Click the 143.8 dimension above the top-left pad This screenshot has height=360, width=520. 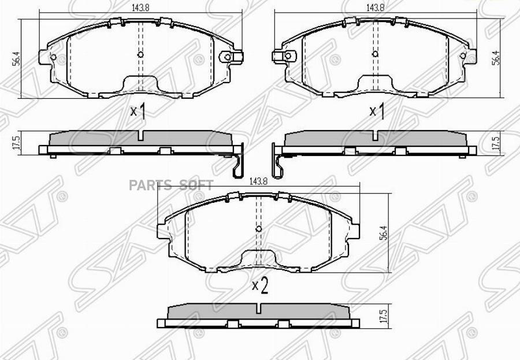[x=140, y=8]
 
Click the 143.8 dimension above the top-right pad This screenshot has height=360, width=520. [x=376, y=8]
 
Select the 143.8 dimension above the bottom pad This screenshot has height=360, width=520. [x=258, y=181]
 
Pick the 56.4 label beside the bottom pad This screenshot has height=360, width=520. [x=384, y=233]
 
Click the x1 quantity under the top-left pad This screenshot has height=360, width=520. [x=138, y=112]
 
